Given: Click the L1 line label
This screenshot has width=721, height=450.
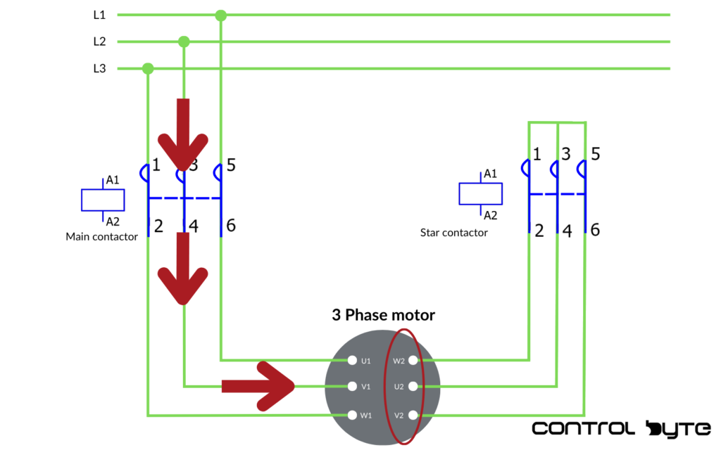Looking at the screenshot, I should pos(99,14).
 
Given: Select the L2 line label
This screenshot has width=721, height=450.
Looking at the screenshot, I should pos(99,41).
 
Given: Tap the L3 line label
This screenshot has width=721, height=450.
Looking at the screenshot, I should pos(99,68).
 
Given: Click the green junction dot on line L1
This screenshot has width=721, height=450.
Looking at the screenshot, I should pos(220,15).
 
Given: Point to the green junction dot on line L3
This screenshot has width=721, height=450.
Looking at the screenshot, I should pos(148,68).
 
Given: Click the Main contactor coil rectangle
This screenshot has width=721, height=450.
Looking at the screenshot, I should pos(103,200).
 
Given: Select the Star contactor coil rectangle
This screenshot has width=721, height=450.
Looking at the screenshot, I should pos(480,193).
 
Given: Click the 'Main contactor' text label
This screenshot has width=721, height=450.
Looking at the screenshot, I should pos(102,237).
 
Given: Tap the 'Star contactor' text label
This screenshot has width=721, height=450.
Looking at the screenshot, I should pos(454,232).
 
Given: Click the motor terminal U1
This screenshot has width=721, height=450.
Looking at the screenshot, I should pos(352,361).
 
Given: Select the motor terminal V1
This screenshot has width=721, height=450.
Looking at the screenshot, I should pos(352,386).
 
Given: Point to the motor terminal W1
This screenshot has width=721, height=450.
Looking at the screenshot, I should pos(352,415).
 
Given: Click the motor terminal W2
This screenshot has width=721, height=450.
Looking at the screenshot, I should pos(413,361).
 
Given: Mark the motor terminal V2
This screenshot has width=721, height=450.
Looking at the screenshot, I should pos(413,415).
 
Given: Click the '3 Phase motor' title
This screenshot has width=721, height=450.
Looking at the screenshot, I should pos(383,315).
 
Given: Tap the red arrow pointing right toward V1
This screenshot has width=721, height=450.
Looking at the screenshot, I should pos(258,386).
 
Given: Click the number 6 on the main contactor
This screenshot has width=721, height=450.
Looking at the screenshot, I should pos(231,226).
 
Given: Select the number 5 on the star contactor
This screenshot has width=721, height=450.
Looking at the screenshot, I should pos(596,154).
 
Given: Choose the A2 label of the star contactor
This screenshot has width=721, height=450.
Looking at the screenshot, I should pos(490,216).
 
